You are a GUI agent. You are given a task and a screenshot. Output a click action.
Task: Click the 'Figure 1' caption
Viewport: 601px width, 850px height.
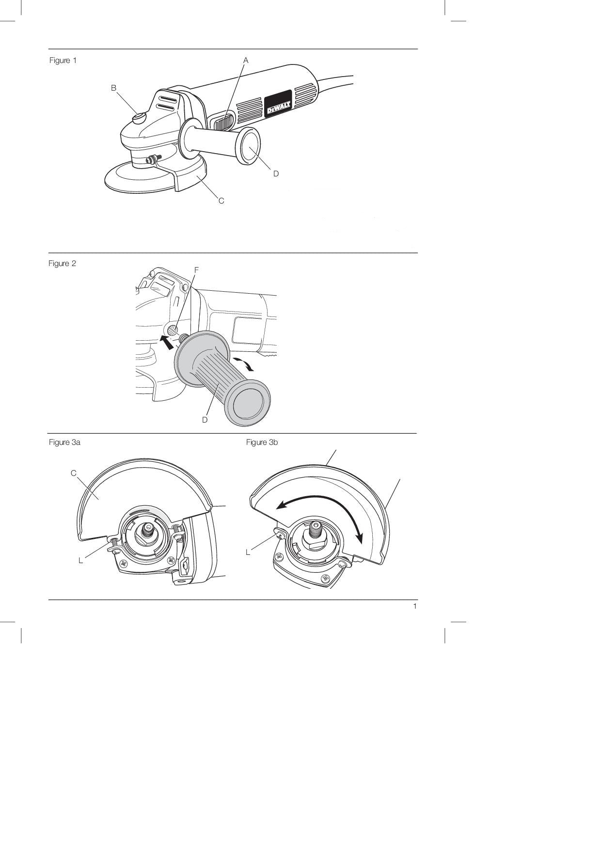pyautogui.click(x=63, y=61)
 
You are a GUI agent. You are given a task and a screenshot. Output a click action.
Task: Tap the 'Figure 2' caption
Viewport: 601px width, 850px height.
pyautogui.click(x=63, y=264)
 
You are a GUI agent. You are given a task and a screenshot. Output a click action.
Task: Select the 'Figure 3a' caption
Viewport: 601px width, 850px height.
pyautogui.click(x=65, y=442)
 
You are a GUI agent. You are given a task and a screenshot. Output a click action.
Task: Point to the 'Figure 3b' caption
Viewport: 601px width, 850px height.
pyautogui.click(x=262, y=442)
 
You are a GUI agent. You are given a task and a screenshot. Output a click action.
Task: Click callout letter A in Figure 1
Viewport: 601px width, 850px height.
pyautogui.click(x=246, y=60)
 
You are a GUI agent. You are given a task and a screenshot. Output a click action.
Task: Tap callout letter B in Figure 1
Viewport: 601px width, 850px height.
pyautogui.click(x=113, y=88)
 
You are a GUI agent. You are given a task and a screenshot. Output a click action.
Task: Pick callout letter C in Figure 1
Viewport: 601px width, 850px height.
pyautogui.click(x=221, y=201)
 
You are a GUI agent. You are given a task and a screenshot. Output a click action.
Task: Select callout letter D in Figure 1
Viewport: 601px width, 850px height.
pyautogui.click(x=276, y=173)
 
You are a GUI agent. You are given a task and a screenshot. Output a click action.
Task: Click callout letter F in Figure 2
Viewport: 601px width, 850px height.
pyautogui.click(x=196, y=269)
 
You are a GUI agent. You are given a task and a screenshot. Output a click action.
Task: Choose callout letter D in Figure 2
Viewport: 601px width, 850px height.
pyautogui.click(x=205, y=420)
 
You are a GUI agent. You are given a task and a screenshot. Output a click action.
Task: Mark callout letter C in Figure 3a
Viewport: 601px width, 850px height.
pyautogui.click(x=74, y=473)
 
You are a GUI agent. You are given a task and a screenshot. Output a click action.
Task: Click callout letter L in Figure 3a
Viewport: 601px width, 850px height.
pyautogui.click(x=80, y=560)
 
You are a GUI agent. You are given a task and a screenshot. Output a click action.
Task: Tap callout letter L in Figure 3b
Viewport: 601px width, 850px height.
pyautogui.click(x=248, y=552)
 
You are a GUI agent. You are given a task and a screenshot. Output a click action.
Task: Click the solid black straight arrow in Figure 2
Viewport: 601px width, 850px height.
pyautogui.click(x=167, y=342)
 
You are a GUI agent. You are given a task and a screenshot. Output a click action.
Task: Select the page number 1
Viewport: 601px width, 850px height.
pyautogui.click(x=415, y=606)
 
